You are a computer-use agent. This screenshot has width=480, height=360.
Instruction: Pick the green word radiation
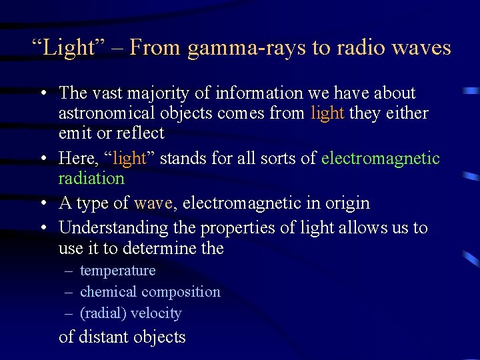click(91, 178)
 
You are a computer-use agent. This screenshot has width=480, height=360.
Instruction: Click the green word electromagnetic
click(381, 158)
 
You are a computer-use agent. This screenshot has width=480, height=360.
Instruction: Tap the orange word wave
click(153, 203)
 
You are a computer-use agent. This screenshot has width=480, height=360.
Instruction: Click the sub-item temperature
click(117, 271)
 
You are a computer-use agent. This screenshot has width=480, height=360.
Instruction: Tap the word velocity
click(156, 313)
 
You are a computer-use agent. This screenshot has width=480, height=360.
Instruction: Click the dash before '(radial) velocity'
click(69, 313)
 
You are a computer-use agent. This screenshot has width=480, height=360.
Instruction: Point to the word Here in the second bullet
click(75, 158)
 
